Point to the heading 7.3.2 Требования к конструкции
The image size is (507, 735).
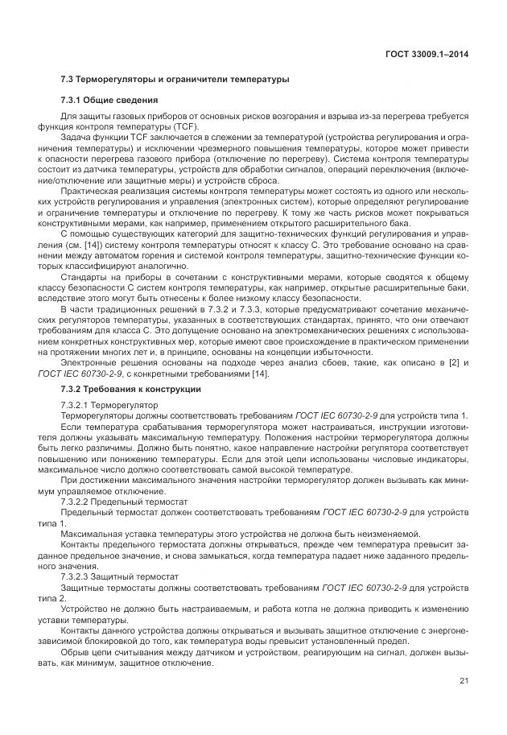130,389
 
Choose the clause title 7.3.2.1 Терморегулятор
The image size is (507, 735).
109,404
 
